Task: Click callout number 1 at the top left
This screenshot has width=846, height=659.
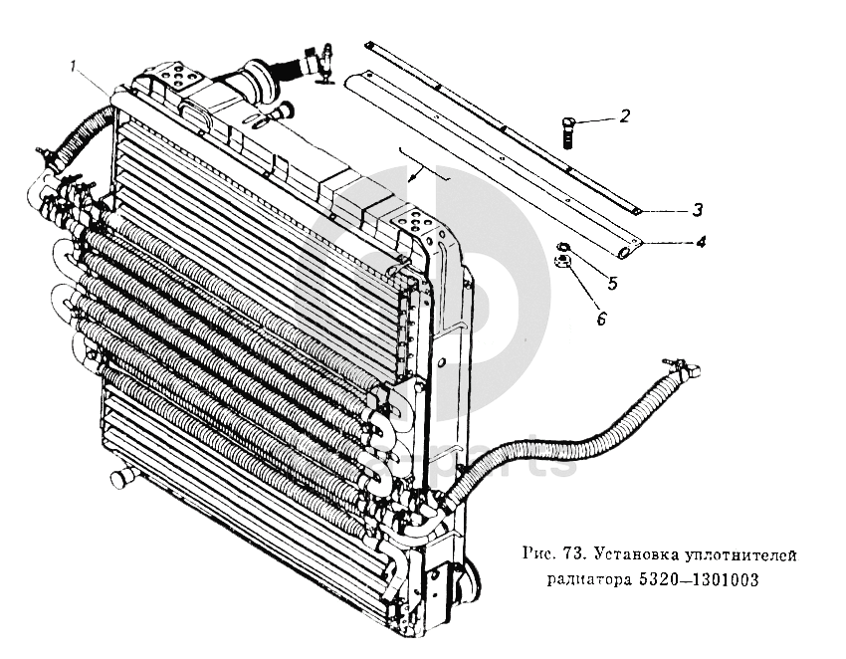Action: (75, 66)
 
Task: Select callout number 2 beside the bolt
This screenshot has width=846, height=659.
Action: (624, 116)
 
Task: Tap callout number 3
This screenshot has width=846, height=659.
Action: (699, 209)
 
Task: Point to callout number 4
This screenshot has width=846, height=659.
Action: (701, 241)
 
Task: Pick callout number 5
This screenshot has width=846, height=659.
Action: (612, 283)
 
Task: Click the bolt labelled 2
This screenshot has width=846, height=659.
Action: (569, 130)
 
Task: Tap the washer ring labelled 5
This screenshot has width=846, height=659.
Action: (563, 248)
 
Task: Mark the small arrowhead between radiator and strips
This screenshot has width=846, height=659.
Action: (422, 171)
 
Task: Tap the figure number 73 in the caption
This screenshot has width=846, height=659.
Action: (570, 553)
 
